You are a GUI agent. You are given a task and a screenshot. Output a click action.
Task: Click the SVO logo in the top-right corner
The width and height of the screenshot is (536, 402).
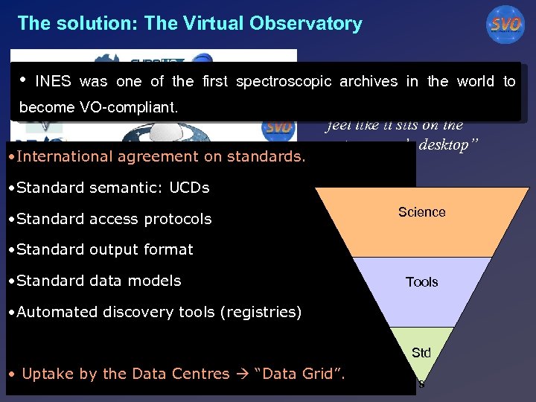(505, 25)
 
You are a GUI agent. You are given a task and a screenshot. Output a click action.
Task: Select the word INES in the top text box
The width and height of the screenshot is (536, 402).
(54, 82)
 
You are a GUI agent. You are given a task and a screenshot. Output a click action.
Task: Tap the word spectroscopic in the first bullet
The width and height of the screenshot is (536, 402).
(284, 82)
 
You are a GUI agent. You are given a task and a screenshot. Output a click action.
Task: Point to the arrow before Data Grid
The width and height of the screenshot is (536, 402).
(243, 374)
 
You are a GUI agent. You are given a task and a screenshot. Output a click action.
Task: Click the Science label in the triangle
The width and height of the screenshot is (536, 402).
(421, 212)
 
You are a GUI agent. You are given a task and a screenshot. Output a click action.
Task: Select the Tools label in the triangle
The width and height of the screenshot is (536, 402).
(421, 282)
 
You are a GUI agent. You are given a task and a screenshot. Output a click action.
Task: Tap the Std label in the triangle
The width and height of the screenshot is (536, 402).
(421, 352)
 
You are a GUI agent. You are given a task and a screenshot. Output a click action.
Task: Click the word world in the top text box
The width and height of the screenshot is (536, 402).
(477, 82)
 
